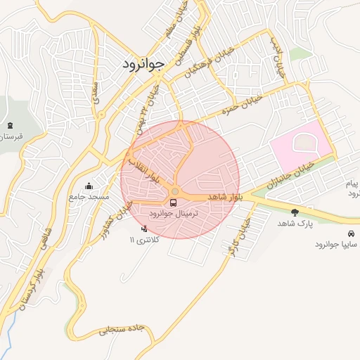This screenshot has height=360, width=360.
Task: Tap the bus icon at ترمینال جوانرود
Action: (174, 202)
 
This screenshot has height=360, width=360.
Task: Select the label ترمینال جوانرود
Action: (175, 213)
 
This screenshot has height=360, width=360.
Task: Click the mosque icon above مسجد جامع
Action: (89, 186)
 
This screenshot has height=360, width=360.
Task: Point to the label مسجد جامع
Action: (89, 197)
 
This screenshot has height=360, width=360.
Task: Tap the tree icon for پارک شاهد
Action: (294, 212)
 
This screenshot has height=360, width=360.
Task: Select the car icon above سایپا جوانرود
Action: (350, 233)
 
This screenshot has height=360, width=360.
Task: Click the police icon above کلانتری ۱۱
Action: (145, 229)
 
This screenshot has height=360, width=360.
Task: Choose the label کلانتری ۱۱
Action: (144, 240)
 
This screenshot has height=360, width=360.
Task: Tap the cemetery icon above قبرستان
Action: (10, 124)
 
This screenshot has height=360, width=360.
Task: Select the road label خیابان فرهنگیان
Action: (212, 63)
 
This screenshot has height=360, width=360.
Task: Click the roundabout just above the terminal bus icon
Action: (174, 192)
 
